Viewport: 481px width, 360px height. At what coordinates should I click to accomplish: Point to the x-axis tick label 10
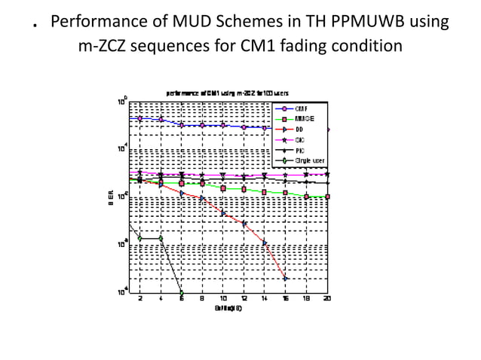coord(223,299)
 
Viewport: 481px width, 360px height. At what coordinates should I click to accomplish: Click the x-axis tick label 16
coord(286,299)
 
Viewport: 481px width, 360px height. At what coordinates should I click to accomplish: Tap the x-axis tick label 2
coord(140,299)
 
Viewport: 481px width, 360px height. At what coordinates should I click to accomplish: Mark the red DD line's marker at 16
coord(286,278)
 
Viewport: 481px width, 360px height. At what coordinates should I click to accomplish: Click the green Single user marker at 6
coord(182,292)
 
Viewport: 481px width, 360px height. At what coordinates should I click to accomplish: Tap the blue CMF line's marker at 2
coord(140,118)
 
